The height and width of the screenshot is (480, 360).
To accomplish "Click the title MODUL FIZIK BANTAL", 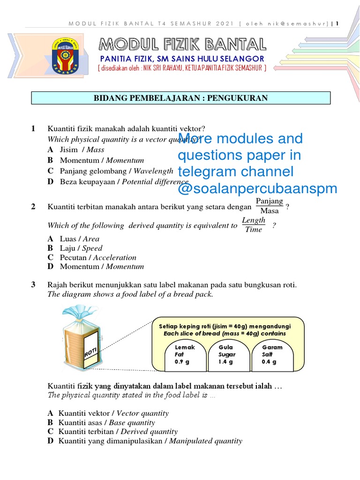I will point(183,45).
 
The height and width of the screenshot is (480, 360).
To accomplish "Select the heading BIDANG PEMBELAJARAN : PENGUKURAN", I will point(180,98).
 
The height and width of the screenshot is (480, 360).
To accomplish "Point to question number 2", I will point(33,207).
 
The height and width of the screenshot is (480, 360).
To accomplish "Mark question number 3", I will point(33,285).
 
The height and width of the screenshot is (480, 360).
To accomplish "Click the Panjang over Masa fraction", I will point(270,206).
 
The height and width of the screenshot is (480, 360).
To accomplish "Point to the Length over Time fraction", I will point(254,225).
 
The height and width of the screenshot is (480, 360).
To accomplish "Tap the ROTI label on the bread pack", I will point(91,352).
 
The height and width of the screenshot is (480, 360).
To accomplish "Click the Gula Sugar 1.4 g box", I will point(228,354).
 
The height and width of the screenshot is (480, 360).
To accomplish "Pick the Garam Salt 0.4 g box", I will point(272,354).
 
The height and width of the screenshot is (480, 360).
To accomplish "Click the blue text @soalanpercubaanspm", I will point(257,188).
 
